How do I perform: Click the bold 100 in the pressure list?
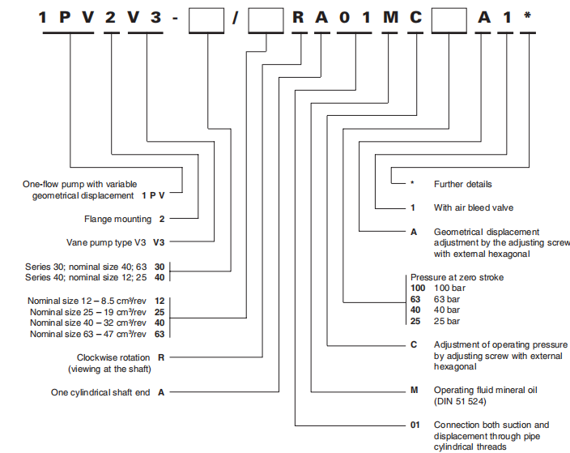[x=418, y=288]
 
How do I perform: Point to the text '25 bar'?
[x=447, y=320]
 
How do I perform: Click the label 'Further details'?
[x=462, y=184]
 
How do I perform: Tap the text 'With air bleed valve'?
[x=474, y=207]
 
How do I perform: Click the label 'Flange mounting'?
[x=117, y=219]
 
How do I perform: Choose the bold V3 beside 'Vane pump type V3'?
[x=160, y=241]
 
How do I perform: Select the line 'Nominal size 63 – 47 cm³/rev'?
[x=88, y=333]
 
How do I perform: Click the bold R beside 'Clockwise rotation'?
[x=161, y=357]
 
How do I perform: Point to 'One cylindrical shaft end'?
[x=100, y=392]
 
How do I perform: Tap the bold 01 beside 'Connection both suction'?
[x=417, y=425]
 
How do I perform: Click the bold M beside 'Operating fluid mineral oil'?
[x=414, y=390]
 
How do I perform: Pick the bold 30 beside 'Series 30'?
[x=160, y=266]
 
